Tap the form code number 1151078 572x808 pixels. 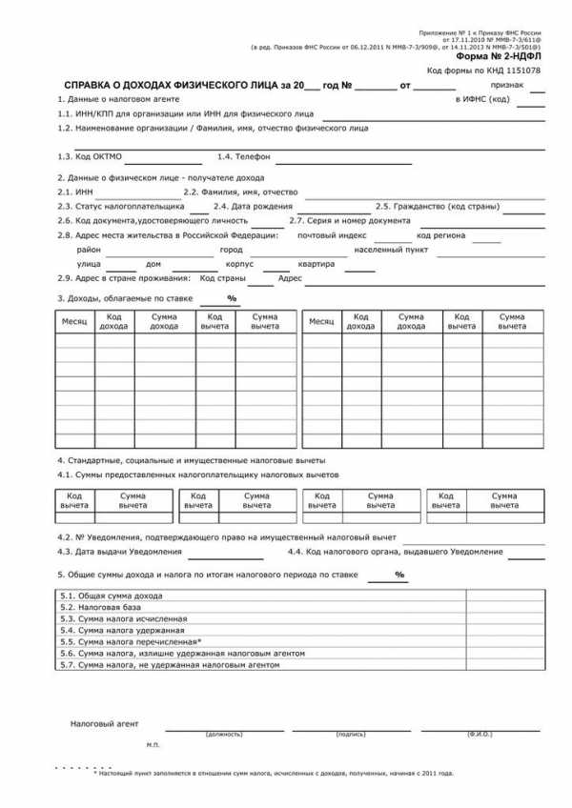[x=524, y=71]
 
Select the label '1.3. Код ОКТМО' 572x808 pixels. [x=90, y=156]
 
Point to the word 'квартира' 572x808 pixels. [x=317, y=264]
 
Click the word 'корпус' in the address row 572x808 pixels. [x=239, y=264]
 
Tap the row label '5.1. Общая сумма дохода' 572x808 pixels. [x=111, y=596]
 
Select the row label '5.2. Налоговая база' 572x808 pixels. [x=101, y=607]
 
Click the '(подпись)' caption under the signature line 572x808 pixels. [x=351, y=735]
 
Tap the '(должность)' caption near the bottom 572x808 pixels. [x=224, y=735]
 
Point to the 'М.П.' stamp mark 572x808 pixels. [x=153, y=743]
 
